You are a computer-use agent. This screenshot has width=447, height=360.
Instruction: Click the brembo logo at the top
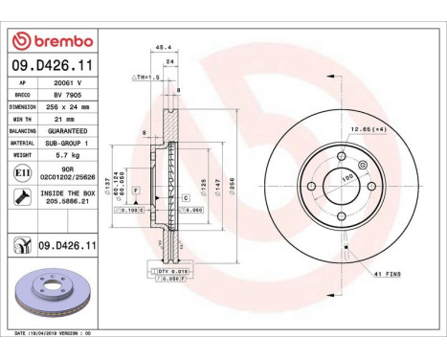(52, 41)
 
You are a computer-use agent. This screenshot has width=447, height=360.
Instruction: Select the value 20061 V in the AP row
(65, 82)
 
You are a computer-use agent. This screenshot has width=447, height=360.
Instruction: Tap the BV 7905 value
(65, 96)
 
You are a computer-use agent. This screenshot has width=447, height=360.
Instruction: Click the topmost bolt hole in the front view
(342, 155)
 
